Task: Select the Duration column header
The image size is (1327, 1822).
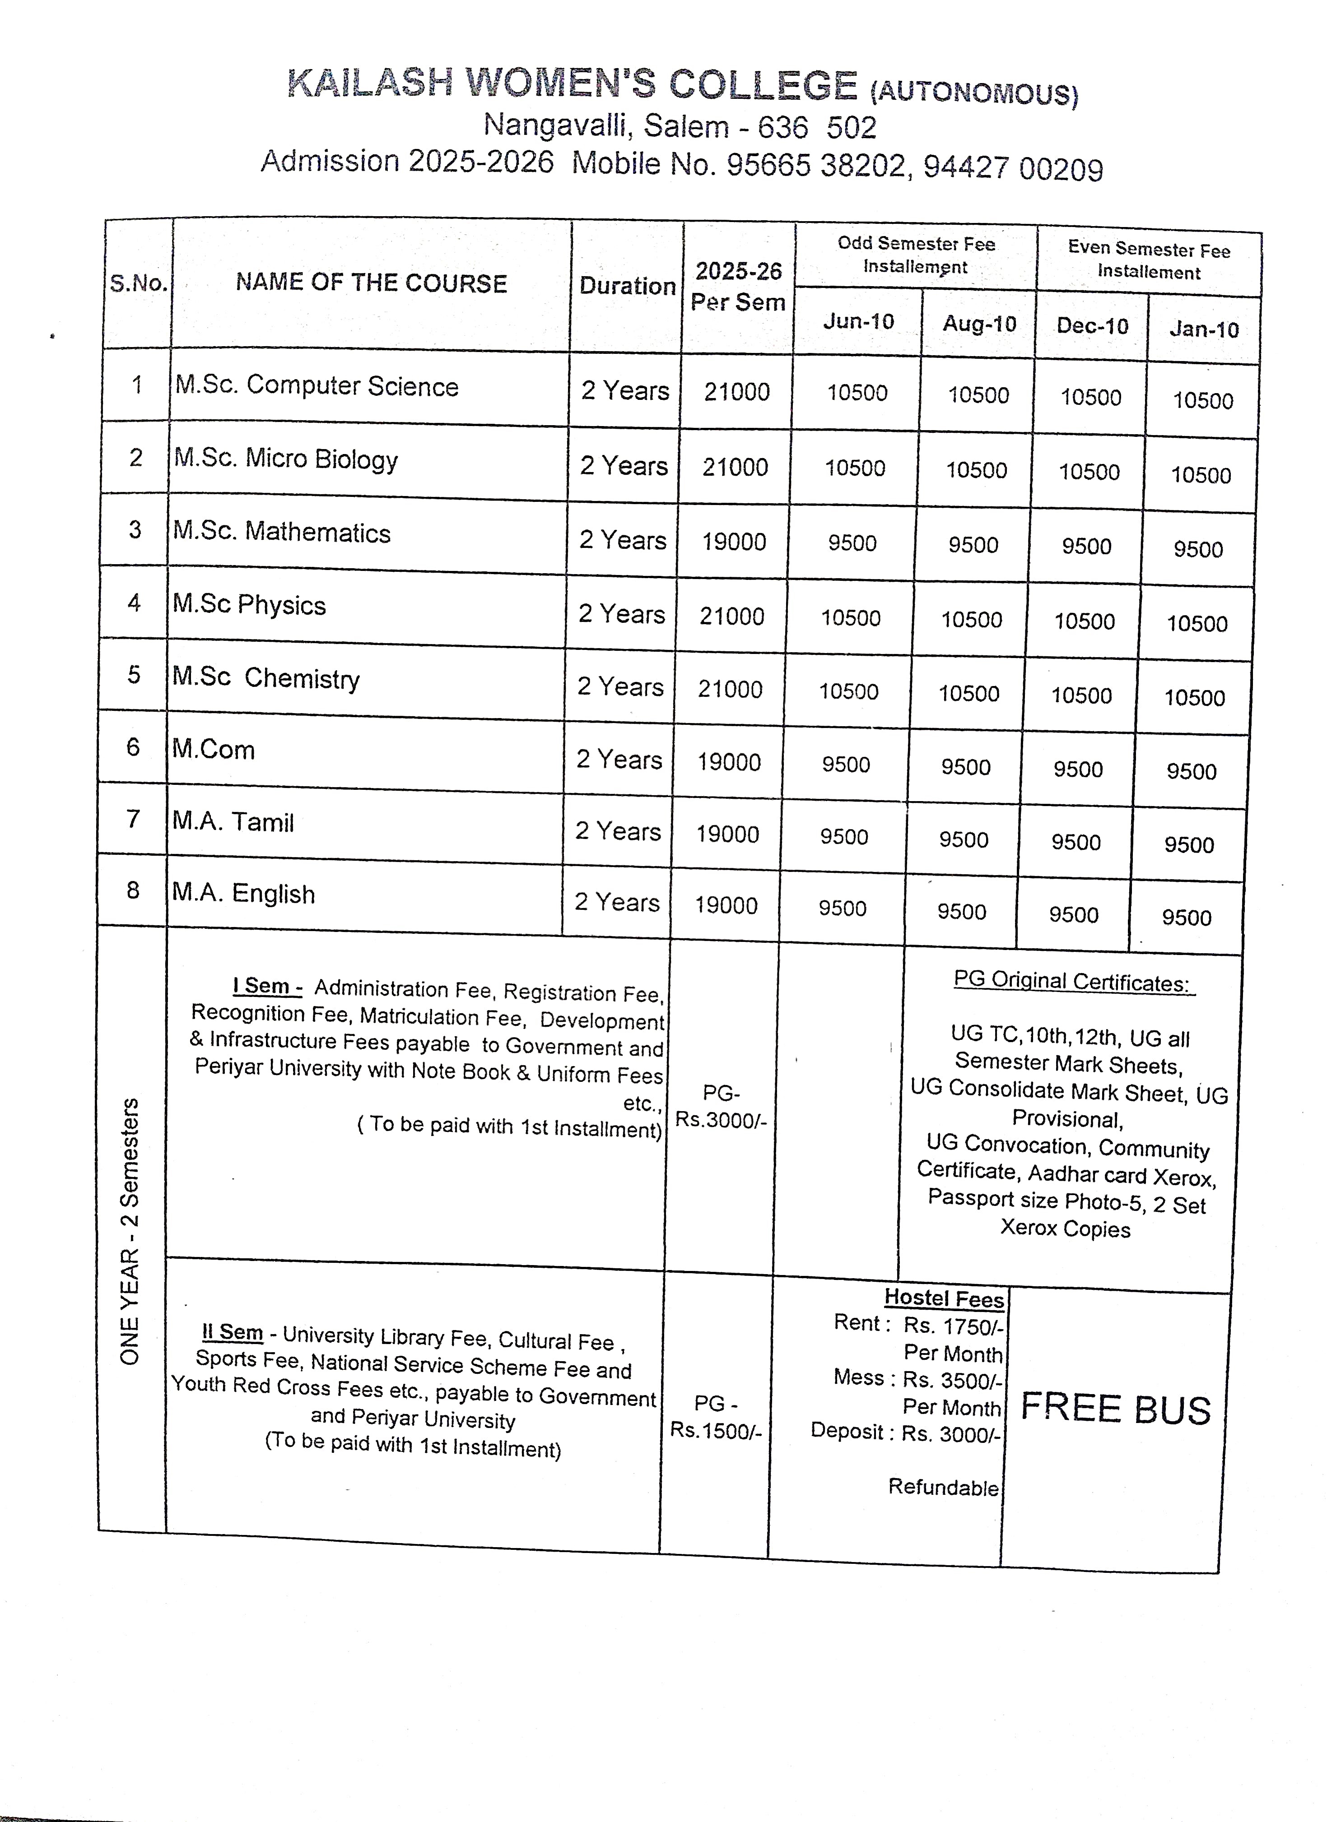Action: (x=627, y=286)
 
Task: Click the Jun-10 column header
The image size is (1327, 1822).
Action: (x=858, y=321)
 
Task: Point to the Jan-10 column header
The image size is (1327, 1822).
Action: (x=1203, y=329)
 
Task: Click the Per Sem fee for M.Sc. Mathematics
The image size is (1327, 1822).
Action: (x=734, y=542)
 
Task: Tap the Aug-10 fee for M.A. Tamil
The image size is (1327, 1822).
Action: (x=964, y=839)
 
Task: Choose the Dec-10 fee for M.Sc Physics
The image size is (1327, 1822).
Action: (x=1084, y=621)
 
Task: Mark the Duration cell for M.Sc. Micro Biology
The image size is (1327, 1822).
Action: (x=624, y=466)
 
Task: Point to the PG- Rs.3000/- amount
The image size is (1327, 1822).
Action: (x=721, y=1106)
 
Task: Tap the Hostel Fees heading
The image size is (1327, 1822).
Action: (x=945, y=1298)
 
